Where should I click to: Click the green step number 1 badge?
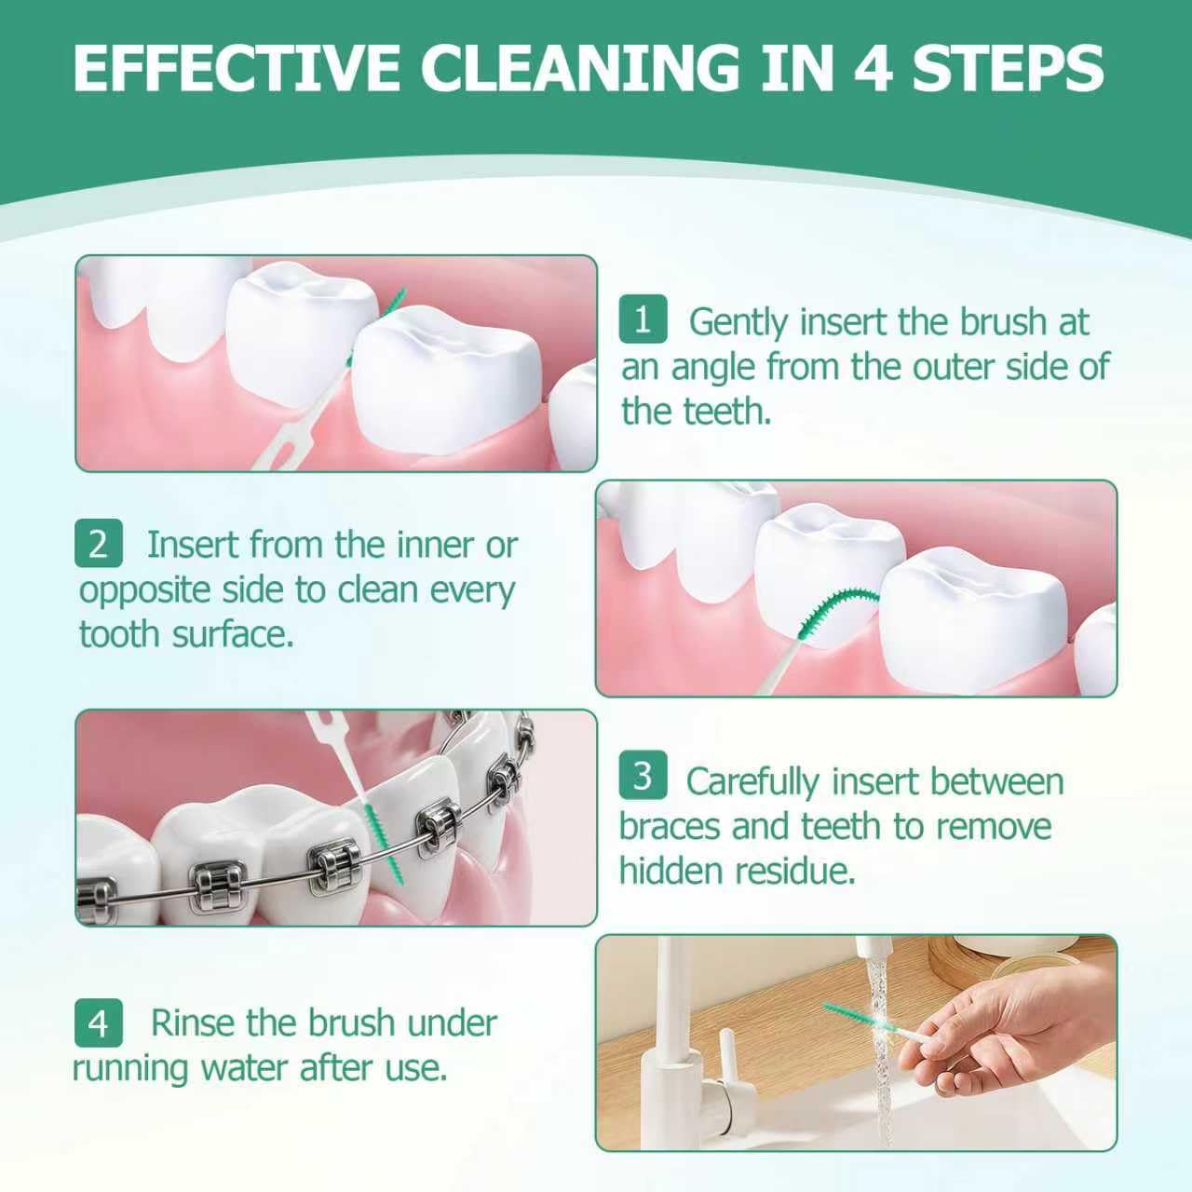pyautogui.click(x=643, y=319)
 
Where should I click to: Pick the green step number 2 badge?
pyautogui.click(x=99, y=543)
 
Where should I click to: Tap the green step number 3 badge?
pyautogui.click(x=643, y=775)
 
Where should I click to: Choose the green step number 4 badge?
pyautogui.click(x=99, y=1023)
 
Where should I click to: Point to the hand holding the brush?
pyautogui.click(x=1003, y=1027)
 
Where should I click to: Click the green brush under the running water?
pyautogui.click(x=859, y=1017)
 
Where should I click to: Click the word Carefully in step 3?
pyautogui.click(x=752, y=782)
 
